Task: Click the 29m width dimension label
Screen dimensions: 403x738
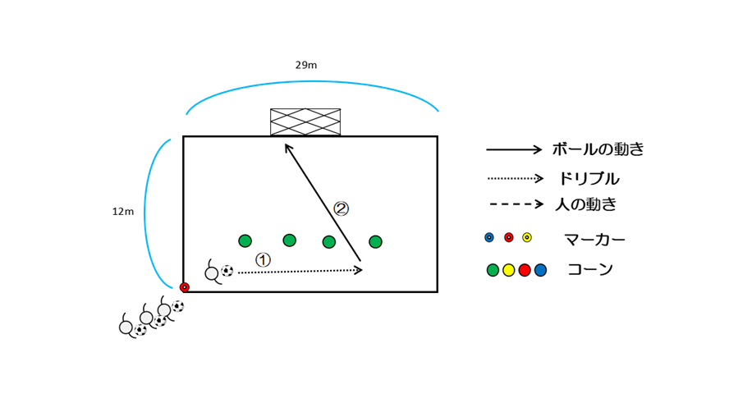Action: click(306, 65)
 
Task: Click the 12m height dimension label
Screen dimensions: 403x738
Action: click(123, 212)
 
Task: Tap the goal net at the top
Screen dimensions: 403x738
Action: click(305, 121)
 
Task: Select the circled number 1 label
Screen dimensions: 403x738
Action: click(263, 259)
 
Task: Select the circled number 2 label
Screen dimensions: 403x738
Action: click(341, 208)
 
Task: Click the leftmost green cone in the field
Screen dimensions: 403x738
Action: click(245, 240)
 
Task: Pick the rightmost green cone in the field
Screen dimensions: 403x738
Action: click(375, 241)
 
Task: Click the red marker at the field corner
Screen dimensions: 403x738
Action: click(185, 287)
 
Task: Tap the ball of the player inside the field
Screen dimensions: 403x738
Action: click(227, 271)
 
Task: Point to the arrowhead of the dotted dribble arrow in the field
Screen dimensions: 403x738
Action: click(359, 269)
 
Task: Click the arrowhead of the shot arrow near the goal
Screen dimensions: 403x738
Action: click(286, 147)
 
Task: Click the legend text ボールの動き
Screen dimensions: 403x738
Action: click(598, 149)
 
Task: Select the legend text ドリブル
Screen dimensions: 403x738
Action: click(589, 178)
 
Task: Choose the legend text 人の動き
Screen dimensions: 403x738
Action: click(585, 204)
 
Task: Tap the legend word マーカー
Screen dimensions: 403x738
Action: click(594, 240)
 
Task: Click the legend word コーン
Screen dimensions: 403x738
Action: click(590, 269)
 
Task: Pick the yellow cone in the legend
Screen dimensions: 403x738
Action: click(509, 270)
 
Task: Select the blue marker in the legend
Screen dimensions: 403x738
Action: click(489, 237)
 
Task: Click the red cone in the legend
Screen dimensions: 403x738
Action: click(525, 270)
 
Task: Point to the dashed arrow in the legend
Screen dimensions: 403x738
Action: click(516, 204)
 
